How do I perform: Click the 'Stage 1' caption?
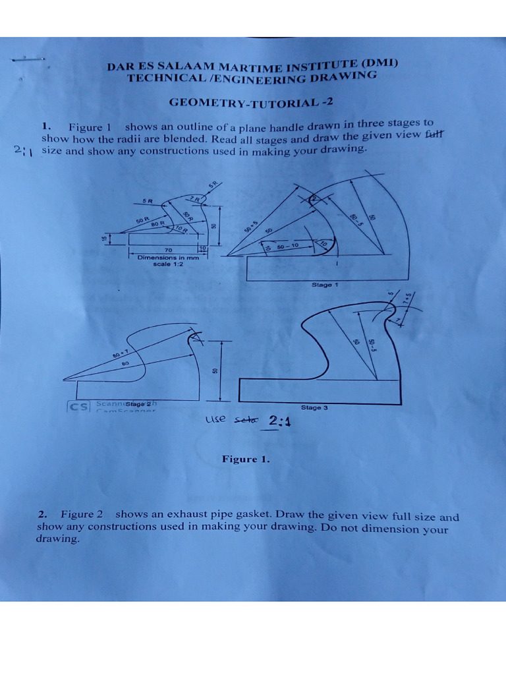click(324, 285)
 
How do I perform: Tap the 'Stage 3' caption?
click(314, 408)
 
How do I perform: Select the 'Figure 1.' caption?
click(246, 459)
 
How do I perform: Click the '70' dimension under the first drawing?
click(168, 250)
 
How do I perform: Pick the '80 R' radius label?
click(158, 223)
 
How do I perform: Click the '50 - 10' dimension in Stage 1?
click(288, 245)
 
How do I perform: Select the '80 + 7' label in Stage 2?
click(120, 355)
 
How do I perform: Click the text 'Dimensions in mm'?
click(168, 258)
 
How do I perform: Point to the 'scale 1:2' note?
click(168, 264)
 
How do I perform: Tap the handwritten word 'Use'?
click(215, 419)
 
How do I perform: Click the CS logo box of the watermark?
click(80, 407)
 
